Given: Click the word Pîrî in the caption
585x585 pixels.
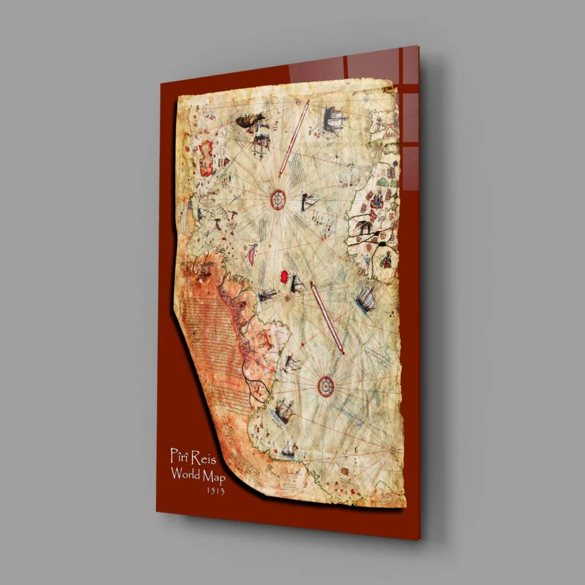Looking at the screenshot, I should click(179, 456).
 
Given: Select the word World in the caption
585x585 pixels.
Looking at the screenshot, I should click(185, 474).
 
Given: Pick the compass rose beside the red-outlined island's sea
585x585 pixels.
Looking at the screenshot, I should click(278, 199).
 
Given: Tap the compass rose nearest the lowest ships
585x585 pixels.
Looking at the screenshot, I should click(326, 386).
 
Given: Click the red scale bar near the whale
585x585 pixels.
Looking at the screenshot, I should click(294, 139).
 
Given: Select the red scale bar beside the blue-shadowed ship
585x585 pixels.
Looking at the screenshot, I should click(328, 318).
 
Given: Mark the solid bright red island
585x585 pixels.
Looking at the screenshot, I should click(283, 277).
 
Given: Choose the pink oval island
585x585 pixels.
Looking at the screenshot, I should click(251, 255).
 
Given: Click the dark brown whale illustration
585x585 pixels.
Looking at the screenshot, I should click(250, 121).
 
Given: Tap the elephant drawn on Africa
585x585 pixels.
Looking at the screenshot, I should click(364, 227).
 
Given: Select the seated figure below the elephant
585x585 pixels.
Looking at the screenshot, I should click(387, 261).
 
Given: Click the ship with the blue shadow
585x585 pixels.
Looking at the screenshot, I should click(365, 299).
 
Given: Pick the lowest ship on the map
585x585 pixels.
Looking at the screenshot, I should click(289, 449).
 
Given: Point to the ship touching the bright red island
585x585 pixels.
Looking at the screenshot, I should click(297, 283).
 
